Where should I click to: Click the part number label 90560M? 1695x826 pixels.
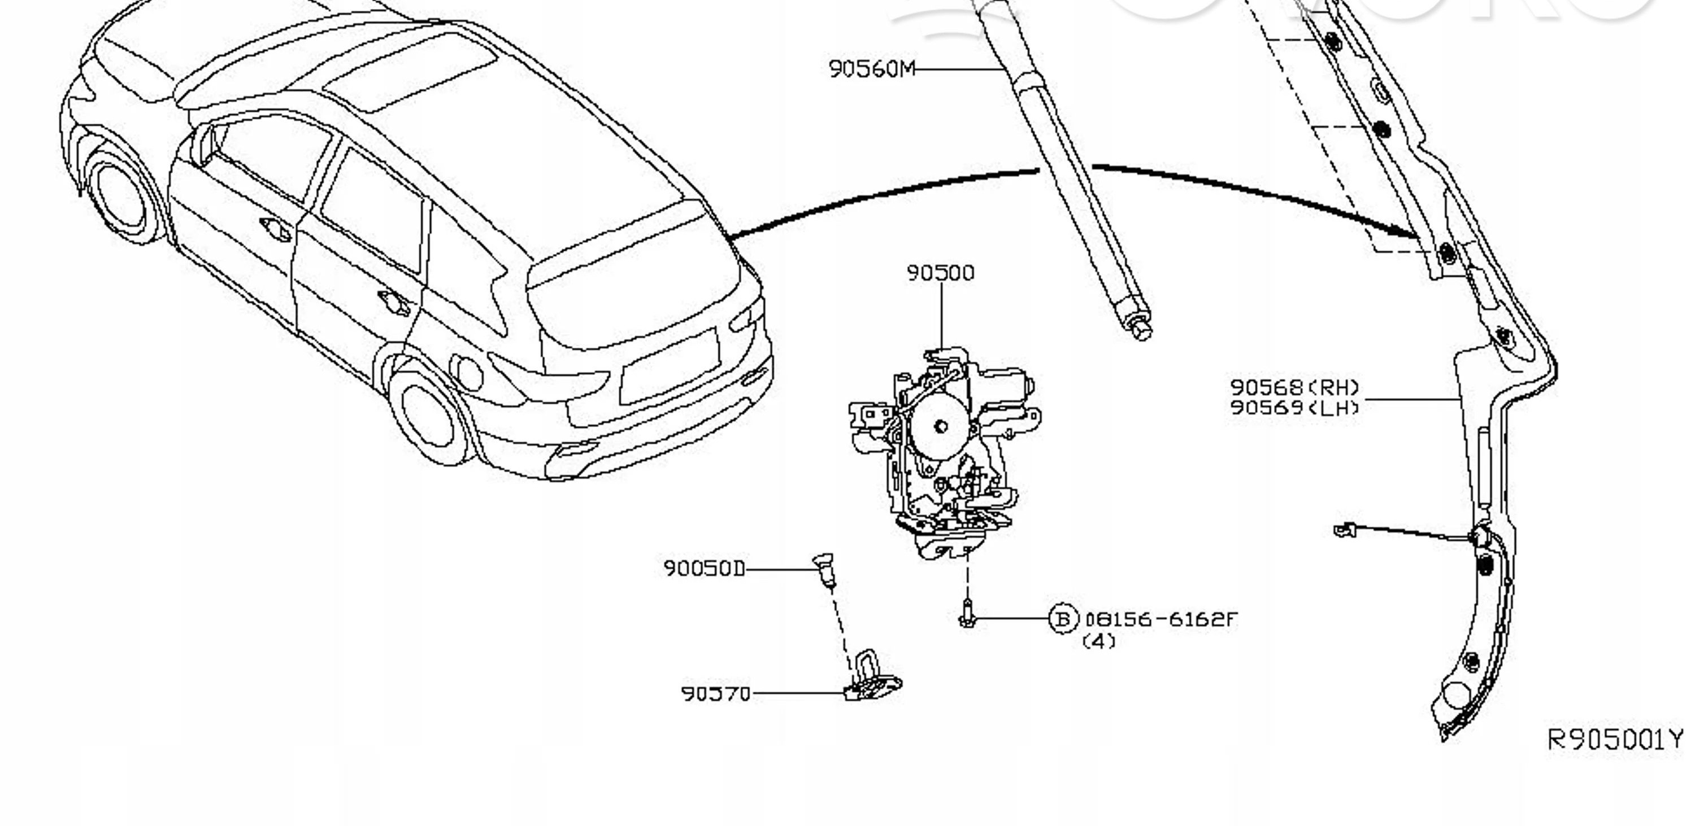[x=871, y=68]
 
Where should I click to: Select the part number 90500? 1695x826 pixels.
[x=940, y=272]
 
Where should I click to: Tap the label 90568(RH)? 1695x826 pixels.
[x=1294, y=387]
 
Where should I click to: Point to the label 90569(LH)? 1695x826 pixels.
[x=1294, y=408]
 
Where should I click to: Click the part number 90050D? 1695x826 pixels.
[x=704, y=568]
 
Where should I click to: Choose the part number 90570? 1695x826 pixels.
[x=715, y=694]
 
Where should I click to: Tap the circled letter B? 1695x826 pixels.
[x=1063, y=619]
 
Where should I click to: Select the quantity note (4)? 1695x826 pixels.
[x=1099, y=641]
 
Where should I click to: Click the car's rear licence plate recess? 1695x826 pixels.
[x=670, y=366]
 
